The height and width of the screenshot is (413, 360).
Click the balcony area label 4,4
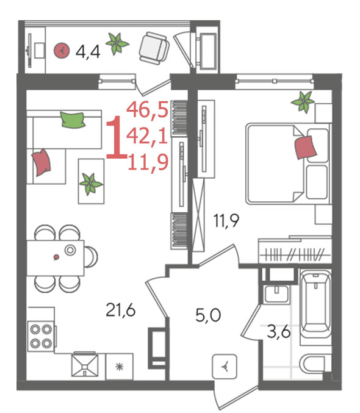pos(88,52)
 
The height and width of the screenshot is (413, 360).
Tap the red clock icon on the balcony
pos(62,51)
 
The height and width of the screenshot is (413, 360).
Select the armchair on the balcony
pos(154,48)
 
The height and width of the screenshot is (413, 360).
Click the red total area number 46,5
pos(147,110)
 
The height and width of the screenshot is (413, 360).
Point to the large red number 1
pos(117,137)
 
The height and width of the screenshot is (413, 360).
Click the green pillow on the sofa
pos(73,120)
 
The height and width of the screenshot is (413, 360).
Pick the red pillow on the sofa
pos(41,162)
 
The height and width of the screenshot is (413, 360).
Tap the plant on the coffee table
pos(91,184)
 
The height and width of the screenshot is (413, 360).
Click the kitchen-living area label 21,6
pos(120,310)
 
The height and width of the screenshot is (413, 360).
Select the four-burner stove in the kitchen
pos(41,336)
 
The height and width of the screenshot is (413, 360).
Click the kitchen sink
pos(85,365)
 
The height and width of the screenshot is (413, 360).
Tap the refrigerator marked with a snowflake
pos(120,367)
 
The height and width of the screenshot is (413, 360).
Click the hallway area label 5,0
pos(208,315)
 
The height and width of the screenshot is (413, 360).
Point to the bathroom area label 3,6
pos(279,332)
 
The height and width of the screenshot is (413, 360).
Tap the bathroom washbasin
pos(276,294)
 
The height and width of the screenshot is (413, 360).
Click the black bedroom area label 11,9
pos(226,220)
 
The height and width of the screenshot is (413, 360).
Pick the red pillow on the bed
pos(306,147)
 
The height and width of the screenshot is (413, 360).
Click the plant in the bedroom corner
pos(303,102)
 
